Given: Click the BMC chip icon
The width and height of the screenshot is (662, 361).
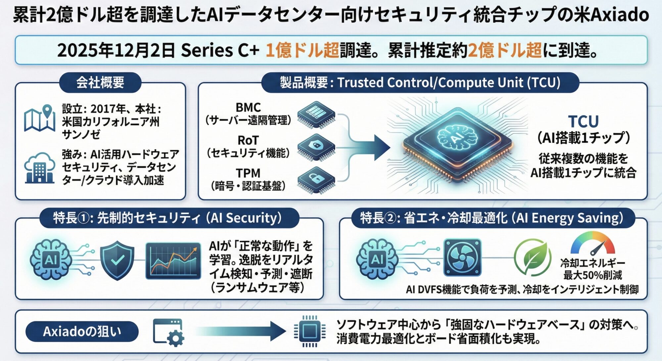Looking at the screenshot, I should [x=316, y=114].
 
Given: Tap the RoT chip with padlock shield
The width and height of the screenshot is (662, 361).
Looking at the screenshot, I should [x=316, y=147].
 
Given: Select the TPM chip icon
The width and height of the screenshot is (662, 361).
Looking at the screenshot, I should [x=316, y=180].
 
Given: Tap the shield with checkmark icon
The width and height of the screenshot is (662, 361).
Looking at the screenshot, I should [x=117, y=260].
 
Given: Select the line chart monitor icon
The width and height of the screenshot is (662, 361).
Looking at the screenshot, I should [x=173, y=261].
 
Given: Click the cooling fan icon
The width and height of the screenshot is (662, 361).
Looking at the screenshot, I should [x=462, y=257].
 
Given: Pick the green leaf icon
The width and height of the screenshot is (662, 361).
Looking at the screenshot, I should [x=533, y=257].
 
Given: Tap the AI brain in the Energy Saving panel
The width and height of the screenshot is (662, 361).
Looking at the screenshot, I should [x=377, y=258].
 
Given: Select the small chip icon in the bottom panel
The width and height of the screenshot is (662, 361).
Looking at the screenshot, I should [x=310, y=331].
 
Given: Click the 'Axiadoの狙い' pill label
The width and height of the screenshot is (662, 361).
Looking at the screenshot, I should [x=82, y=331].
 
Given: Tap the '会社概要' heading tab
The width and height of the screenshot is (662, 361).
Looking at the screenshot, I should [x=100, y=82].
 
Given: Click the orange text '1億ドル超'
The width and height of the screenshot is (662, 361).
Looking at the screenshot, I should [x=302, y=50].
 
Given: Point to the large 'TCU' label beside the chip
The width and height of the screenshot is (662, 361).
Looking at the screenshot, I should [x=583, y=121].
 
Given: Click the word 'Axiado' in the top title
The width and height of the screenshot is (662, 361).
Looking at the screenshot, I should [x=619, y=15].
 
